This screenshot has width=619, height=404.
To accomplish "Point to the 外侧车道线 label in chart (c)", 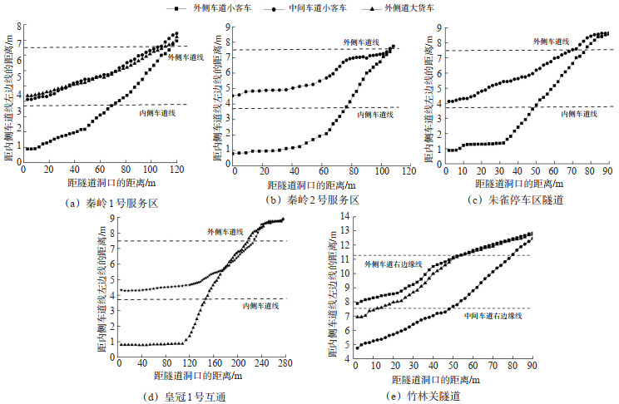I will [551, 41].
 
